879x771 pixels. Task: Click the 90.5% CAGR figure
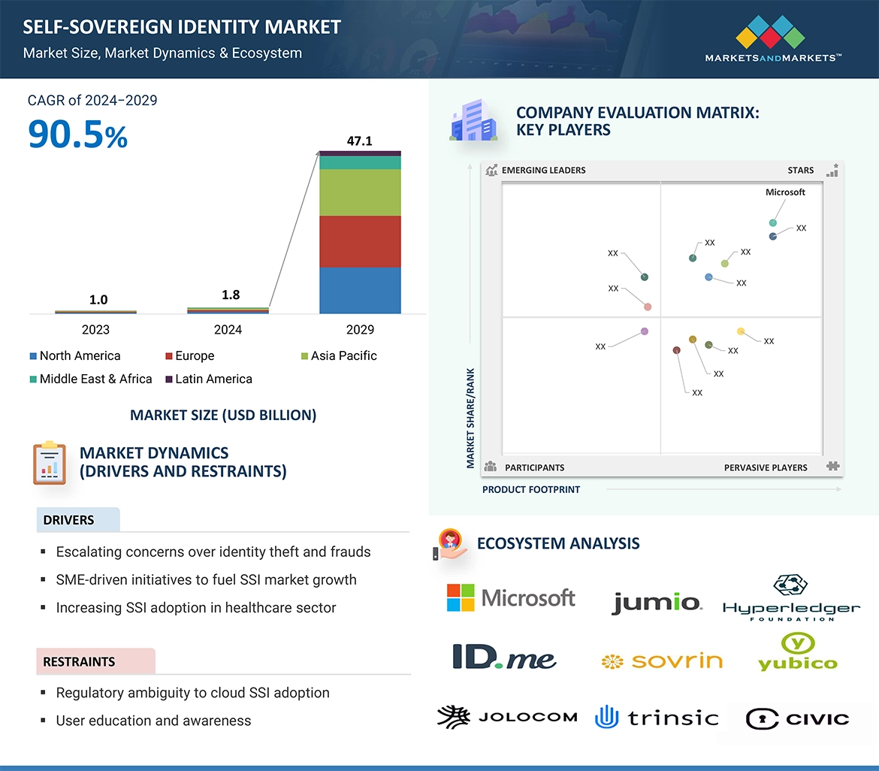pyautogui.click(x=78, y=134)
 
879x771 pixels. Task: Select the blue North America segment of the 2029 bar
pyautogui.click(x=360, y=290)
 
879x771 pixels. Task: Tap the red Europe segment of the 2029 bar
pyautogui.click(x=360, y=241)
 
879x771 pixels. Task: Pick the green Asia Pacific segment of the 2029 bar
pyautogui.click(x=360, y=192)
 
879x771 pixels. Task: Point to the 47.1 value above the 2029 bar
pyautogui.click(x=360, y=141)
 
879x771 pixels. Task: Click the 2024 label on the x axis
pyautogui.click(x=228, y=329)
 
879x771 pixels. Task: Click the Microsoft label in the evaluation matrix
pyautogui.click(x=785, y=192)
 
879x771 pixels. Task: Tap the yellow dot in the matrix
pyautogui.click(x=741, y=331)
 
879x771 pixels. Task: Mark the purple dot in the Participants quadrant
pyautogui.click(x=644, y=331)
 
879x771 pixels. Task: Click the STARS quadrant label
pyautogui.click(x=800, y=171)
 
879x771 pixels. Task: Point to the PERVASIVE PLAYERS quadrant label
pyautogui.click(x=766, y=467)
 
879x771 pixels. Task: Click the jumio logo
pyautogui.click(x=656, y=602)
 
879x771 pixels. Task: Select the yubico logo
pyautogui.click(x=797, y=652)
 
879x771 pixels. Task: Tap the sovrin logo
pyautogui.click(x=661, y=661)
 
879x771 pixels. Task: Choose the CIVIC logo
pyautogui.click(x=797, y=718)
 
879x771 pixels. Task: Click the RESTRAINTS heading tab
pyautogui.click(x=80, y=662)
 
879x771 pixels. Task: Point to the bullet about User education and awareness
pyautogui.click(x=153, y=721)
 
